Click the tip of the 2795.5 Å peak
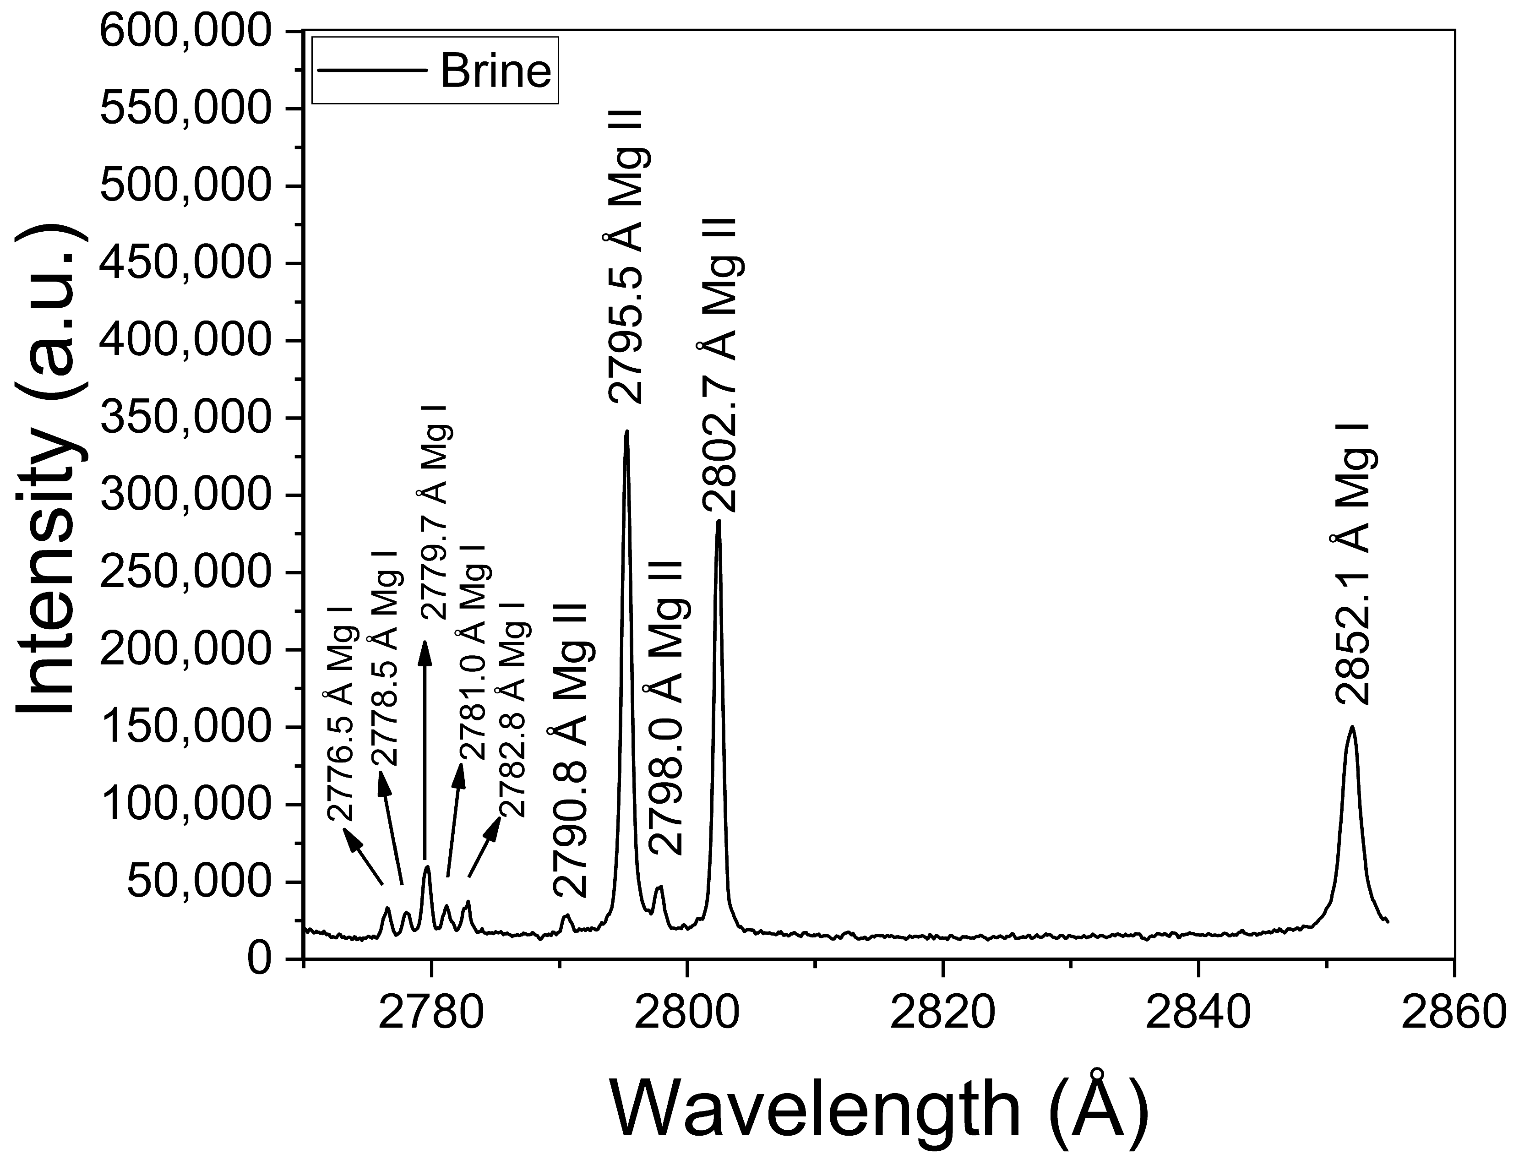[627, 431]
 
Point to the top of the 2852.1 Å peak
[1351, 727]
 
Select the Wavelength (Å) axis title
[878, 1110]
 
